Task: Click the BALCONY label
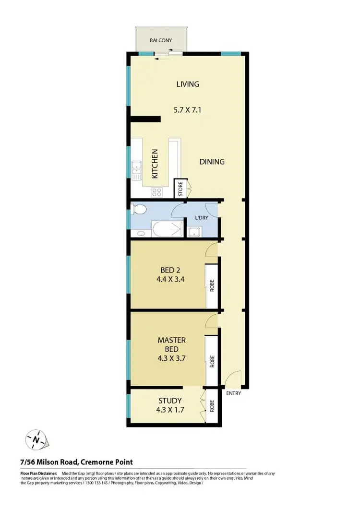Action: [x=161, y=41]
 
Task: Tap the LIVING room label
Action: [x=187, y=84]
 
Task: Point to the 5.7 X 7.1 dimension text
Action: [x=187, y=110]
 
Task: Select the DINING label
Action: [x=212, y=162]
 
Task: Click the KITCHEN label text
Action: [x=155, y=164]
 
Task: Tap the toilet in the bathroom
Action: [x=139, y=210]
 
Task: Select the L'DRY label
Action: [x=201, y=217]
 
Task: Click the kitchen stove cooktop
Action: [x=157, y=192]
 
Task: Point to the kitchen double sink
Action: [x=136, y=168]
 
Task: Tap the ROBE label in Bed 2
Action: [x=211, y=286]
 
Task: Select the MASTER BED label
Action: [x=171, y=344]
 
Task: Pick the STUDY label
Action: [x=170, y=401]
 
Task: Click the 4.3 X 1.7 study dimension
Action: [x=170, y=410]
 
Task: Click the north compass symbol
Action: [x=36, y=439]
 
